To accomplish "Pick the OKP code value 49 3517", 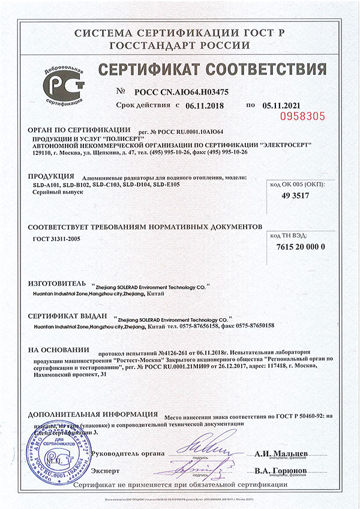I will pos(298,195).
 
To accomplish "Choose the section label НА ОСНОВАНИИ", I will pos(59,349).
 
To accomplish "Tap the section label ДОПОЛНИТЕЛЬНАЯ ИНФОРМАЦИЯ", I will pos(94,415).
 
